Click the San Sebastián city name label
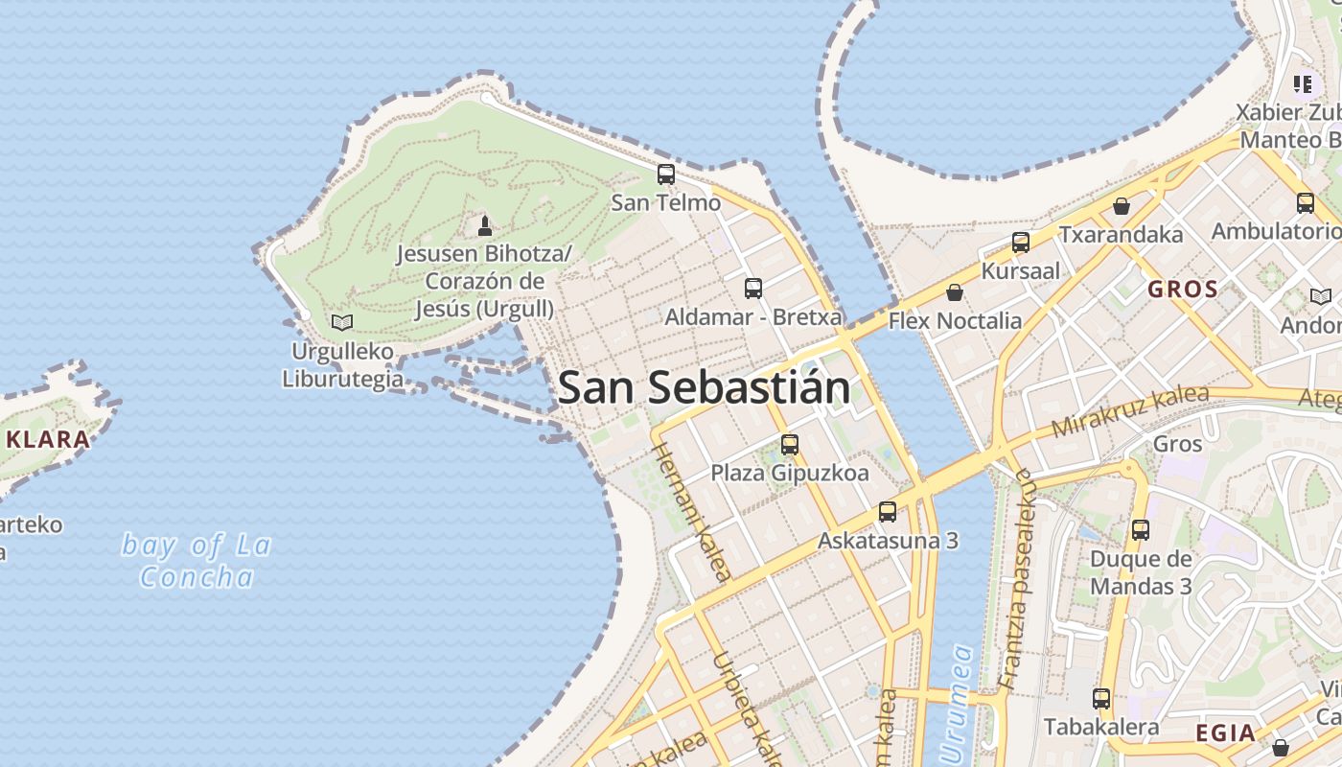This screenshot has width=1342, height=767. (704, 387)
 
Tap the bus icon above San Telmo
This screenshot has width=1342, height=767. (665, 174)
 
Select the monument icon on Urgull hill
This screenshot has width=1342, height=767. (485, 226)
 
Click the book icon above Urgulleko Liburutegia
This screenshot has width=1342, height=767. (342, 322)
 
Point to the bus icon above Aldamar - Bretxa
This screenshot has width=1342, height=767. (753, 288)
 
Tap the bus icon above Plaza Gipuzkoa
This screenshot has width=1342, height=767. (789, 444)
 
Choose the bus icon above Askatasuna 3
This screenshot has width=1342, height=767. (888, 512)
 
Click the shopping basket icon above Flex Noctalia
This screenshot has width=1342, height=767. (955, 292)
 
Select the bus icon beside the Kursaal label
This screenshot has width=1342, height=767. (1021, 243)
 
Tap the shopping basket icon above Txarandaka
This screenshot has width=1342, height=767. (1121, 206)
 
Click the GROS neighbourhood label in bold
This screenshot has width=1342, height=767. (1183, 289)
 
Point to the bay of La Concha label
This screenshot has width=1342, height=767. (197, 561)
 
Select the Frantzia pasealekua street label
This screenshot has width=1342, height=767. (1017, 580)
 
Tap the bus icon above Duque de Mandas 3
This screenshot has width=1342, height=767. (1140, 529)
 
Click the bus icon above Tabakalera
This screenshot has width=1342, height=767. (1100, 699)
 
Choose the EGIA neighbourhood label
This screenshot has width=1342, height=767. (1225, 733)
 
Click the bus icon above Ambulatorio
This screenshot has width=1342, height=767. (1305, 203)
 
